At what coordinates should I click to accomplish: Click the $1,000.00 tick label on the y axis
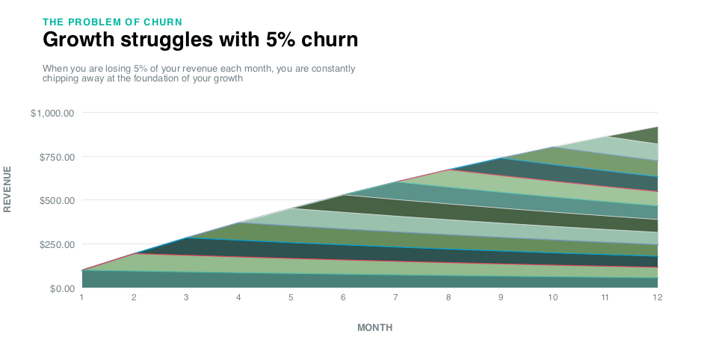[52, 113]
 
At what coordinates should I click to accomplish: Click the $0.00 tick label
[59, 288]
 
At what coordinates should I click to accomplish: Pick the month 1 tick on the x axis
[81, 297]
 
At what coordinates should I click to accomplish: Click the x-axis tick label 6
[343, 297]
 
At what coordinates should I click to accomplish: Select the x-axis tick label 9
[501, 297]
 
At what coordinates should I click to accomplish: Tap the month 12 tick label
[658, 297]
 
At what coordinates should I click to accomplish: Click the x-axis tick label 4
[238, 297]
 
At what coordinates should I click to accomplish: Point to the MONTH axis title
[374, 328]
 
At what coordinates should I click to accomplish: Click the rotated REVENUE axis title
[8, 189]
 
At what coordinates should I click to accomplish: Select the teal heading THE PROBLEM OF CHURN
[113, 21]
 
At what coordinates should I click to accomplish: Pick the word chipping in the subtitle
[62, 78]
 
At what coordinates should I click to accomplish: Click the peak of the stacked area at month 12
[658, 127]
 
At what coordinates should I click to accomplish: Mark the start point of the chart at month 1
[81, 270]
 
